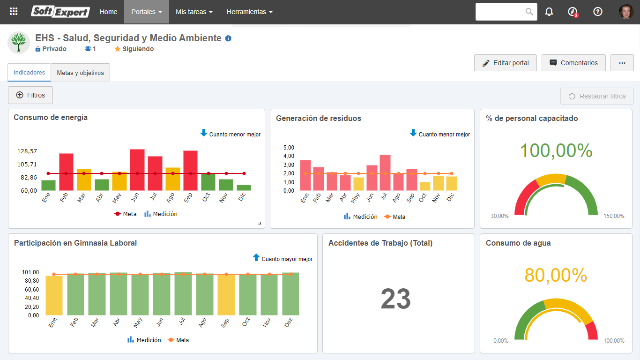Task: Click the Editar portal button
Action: [x=505, y=63]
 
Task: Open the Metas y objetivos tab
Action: [x=80, y=73]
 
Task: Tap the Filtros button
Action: [x=30, y=95]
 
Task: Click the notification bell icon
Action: [x=549, y=12]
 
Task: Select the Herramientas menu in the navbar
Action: [x=249, y=12]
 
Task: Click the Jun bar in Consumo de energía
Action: [x=137, y=170]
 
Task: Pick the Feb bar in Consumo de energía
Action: [x=66, y=172]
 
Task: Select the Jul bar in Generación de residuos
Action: [x=385, y=172]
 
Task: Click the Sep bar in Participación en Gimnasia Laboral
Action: [x=226, y=295]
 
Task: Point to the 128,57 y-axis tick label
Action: [x=27, y=151]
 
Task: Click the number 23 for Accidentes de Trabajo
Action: [x=396, y=299]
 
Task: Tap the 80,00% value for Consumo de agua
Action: [x=556, y=275]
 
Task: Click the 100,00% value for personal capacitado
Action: [x=556, y=150]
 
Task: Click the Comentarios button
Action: [x=573, y=63]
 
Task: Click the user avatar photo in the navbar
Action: [x=626, y=12]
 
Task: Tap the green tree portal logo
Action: [x=19, y=43]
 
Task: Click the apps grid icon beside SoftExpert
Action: [x=14, y=11]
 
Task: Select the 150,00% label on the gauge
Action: [x=614, y=216]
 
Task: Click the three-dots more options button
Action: [x=622, y=63]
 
